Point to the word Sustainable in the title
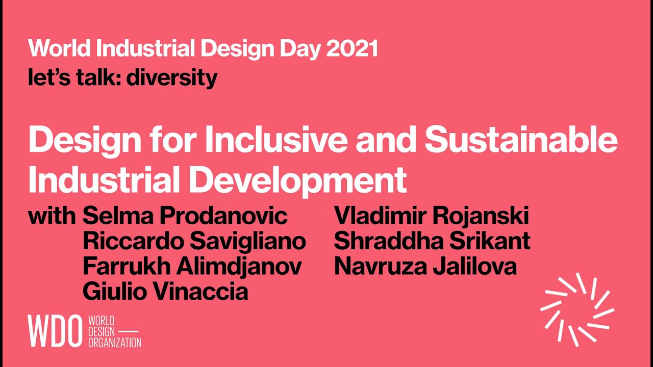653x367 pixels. point(521,140)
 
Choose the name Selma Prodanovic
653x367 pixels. point(185,216)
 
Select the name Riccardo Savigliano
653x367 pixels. point(194,241)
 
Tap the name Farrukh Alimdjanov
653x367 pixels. point(192,266)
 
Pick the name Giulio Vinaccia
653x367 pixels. point(165,292)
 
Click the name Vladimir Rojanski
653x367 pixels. point(431,216)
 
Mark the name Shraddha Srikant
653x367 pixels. point(432,241)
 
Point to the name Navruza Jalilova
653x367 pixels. point(425,266)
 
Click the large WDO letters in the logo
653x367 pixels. point(55,331)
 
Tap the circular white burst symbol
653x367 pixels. point(577,309)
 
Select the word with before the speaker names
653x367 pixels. point(52,216)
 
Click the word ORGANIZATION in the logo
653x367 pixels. point(114,343)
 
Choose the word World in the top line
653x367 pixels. point(60,49)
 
